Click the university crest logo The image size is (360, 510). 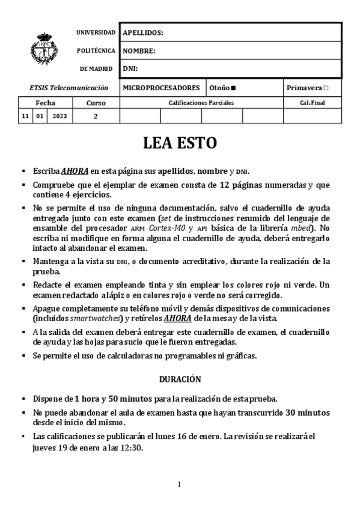44,49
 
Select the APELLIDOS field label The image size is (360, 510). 143,33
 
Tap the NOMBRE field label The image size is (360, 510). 139,51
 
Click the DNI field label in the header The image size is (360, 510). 130,69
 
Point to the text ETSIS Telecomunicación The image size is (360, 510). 69,88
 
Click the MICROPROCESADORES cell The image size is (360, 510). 161,88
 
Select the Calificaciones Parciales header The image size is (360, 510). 201,103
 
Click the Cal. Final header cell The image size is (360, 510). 312,103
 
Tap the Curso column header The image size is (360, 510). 96,103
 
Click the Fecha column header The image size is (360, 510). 45,103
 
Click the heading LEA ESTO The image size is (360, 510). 179,143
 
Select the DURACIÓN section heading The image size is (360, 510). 180,379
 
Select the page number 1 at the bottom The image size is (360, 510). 179,485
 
